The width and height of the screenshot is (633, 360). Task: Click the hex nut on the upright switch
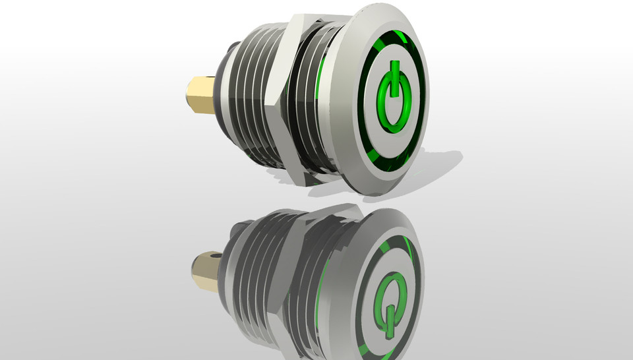pyautogui.click(x=284, y=99)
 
